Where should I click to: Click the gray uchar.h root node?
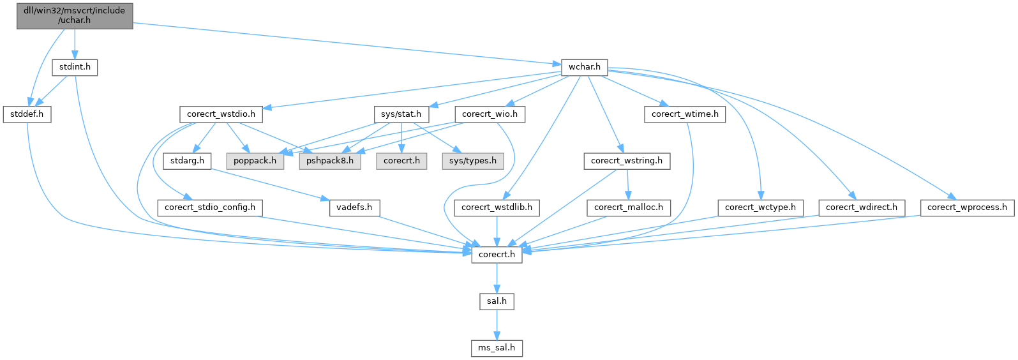click(74, 15)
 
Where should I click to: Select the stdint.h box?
click(75, 67)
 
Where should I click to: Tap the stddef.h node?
click(27, 114)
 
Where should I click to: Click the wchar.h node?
click(583, 67)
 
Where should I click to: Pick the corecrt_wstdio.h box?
click(221, 114)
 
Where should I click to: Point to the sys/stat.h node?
click(401, 114)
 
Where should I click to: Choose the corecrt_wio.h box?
click(490, 114)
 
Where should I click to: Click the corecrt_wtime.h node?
click(685, 114)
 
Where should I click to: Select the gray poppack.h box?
click(255, 161)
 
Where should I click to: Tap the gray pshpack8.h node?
click(329, 161)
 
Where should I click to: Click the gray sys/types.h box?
click(472, 161)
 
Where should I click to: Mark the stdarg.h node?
click(187, 161)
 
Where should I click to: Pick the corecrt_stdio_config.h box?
click(210, 207)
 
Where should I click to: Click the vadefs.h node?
click(354, 207)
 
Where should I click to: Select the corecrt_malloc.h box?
click(629, 207)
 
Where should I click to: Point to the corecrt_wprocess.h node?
click(967, 207)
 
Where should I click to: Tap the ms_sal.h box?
click(497, 348)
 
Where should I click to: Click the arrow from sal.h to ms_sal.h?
click(497, 324)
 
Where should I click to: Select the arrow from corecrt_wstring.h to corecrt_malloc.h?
click(628, 184)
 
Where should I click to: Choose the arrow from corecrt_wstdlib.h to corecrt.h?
click(497, 231)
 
